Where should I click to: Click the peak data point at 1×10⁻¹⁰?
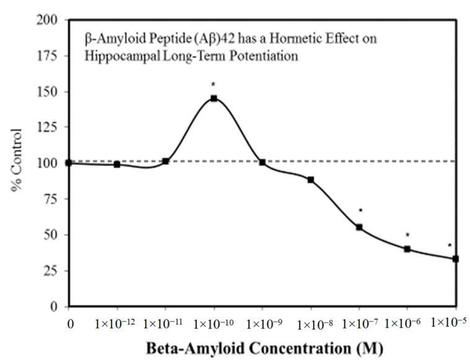(214, 99)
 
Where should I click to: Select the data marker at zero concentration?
(69, 163)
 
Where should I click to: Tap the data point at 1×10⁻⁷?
(359, 227)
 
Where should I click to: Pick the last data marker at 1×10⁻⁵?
(456, 259)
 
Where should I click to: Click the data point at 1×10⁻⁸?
(311, 180)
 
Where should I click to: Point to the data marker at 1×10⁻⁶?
(407, 249)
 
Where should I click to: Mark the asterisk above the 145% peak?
(213, 84)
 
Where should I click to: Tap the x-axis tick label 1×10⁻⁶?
(407, 323)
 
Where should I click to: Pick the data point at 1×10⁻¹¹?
(165, 161)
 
